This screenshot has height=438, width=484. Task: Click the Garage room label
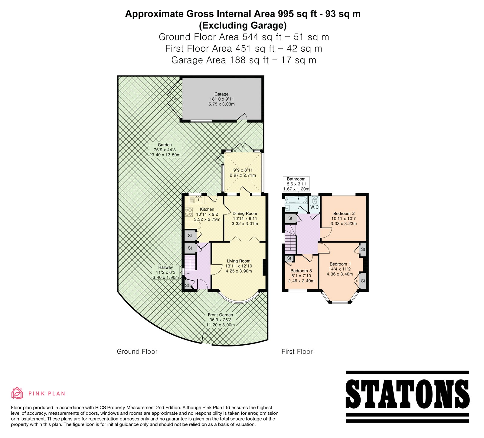(x=221, y=94)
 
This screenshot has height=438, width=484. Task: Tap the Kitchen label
(x=207, y=209)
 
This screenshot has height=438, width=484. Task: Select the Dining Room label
(x=245, y=213)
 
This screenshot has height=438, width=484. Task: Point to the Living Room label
(x=239, y=261)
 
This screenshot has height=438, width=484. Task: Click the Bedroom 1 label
(x=340, y=264)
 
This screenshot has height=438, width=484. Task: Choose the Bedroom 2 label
(x=344, y=214)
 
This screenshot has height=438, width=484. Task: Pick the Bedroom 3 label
(x=301, y=271)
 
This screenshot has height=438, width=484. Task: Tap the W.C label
(x=314, y=207)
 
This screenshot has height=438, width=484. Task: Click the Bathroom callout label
(x=296, y=184)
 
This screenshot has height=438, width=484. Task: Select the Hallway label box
(x=165, y=272)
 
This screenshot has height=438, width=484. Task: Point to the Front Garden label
(x=221, y=315)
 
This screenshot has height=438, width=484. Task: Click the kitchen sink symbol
(x=197, y=200)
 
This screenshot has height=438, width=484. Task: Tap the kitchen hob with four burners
(x=189, y=212)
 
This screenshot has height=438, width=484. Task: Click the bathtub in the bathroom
(x=296, y=200)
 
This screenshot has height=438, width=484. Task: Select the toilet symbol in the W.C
(x=315, y=200)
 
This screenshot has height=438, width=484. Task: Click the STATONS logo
(x=407, y=397)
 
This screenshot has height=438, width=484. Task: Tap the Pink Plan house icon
(x=17, y=393)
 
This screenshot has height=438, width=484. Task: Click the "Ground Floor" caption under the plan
(x=137, y=352)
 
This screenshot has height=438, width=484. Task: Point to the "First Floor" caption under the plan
(x=297, y=352)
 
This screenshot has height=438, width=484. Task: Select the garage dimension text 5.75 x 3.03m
(x=222, y=104)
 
